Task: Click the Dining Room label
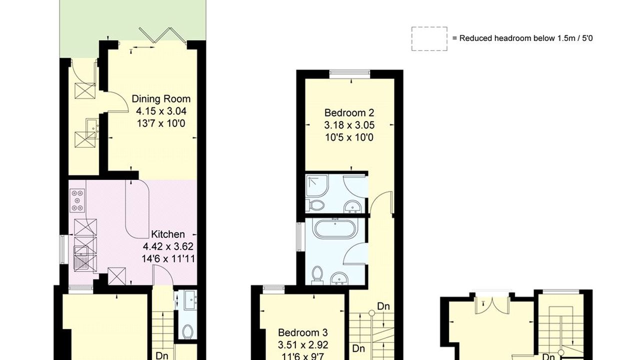pyautogui.click(x=161, y=99)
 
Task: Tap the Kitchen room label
pyautogui.click(x=167, y=234)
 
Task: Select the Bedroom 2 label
pyautogui.click(x=349, y=113)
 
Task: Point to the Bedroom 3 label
pyautogui.click(x=303, y=332)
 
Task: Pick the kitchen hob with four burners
pyautogui.click(x=77, y=200)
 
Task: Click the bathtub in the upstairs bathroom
pyautogui.click(x=335, y=228)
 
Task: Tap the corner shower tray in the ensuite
pyautogui.click(x=317, y=185)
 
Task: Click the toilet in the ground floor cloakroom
pyautogui.click(x=187, y=331)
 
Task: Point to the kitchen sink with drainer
pyautogui.click(x=81, y=258)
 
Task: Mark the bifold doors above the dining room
pyautogui.click(x=163, y=36)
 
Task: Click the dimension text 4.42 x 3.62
pyautogui.click(x=168, y=246)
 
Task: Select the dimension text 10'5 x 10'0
pyautogui.click(x=349, y=137)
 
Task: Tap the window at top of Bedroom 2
pyautogui.click(x=349, y=74)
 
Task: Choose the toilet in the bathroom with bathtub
pyautogui.click(x=316, y=276)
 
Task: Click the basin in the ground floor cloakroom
pyautogui.click(x=190, y=300)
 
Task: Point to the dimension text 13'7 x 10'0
pyautogui.click(x=161, y=123)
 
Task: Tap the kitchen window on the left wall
pyautogui.click(x=63, y=249)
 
